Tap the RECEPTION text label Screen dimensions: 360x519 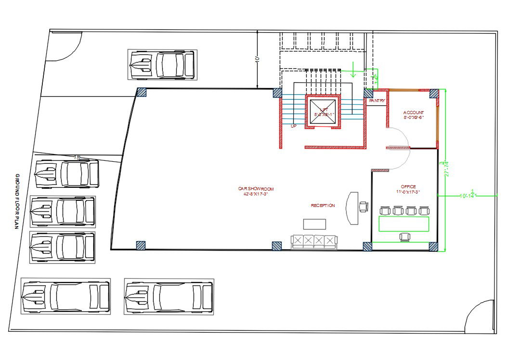tap(323, 206)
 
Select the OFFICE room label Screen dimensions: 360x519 tap(408, 189)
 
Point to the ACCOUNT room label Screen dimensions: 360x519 tap(414, 115)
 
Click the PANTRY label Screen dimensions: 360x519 tap(376, 101)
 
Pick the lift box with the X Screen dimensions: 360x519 tap(323, 112)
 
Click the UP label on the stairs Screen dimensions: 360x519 tap(293, 126)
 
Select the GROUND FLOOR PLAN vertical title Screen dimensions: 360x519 tap(17, 202)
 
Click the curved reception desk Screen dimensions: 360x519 tap(352, 208)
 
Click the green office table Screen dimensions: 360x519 tap(403, 224)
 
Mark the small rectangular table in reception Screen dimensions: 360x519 tap(314, 224)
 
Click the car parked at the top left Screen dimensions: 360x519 tap(162, 64)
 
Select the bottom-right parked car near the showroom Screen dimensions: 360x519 tap(169, 296)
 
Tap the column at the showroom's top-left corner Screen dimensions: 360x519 tap(142, 92)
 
